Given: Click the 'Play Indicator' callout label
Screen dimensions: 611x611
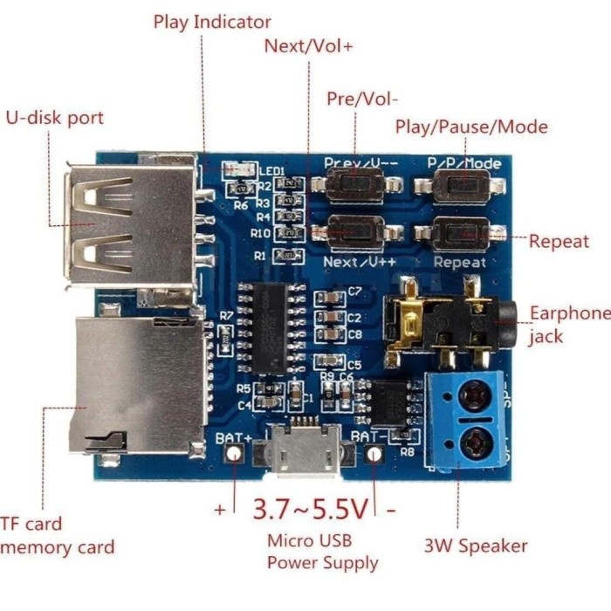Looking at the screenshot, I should click(x=212, y=22).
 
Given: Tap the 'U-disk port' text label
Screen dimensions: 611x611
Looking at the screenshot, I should click(x=54, y=118).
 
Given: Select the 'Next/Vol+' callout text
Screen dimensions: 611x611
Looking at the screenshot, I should click(x=308, y=46).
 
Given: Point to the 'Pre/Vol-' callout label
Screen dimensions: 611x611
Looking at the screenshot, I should click(x=362, y=99).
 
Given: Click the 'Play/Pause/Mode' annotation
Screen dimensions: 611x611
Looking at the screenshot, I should click(x=471, y=127).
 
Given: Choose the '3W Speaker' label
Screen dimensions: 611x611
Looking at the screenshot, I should click(x=476, y=546).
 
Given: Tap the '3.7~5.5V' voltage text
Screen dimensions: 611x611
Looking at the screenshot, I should click(x=310, y=508).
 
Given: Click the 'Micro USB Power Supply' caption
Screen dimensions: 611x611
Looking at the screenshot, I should click(x=323, y=552).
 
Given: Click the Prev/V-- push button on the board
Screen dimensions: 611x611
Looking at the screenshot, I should click(x=355, y=184).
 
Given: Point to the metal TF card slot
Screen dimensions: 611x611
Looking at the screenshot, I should click(x=140, y=385).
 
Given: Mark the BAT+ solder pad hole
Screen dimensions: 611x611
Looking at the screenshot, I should click(x=234, y=454).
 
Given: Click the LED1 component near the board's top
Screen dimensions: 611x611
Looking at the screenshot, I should click(x=238, y=168).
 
